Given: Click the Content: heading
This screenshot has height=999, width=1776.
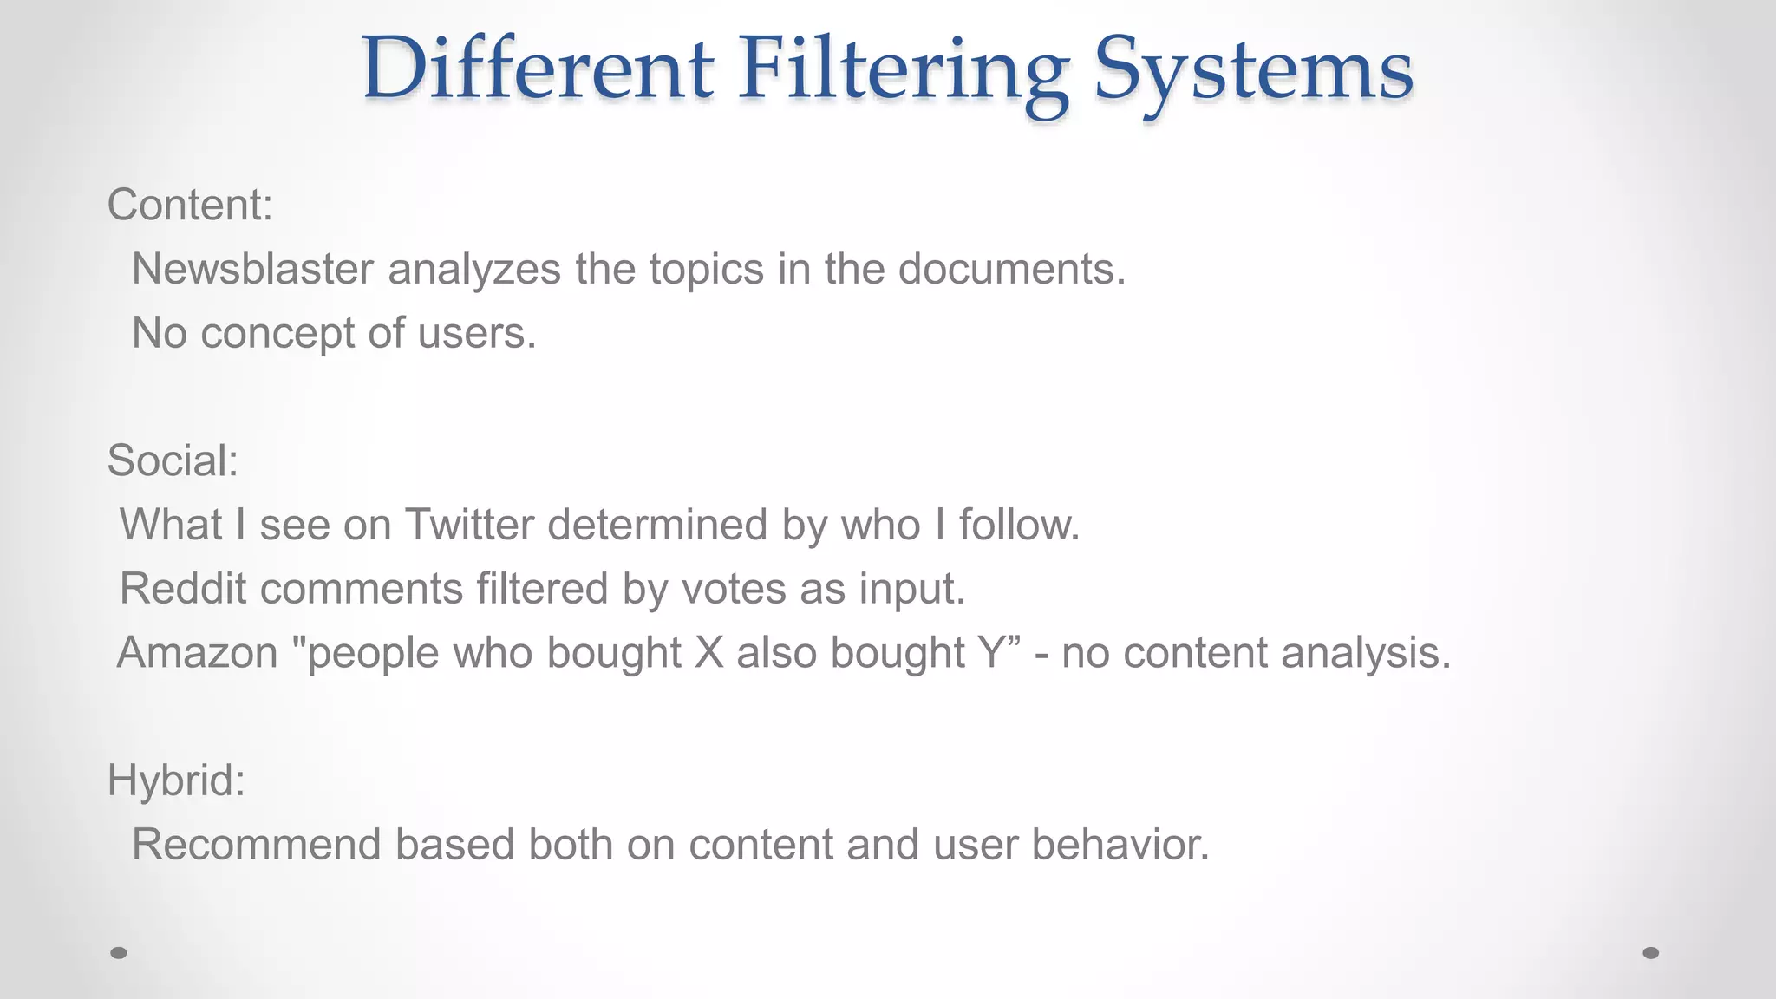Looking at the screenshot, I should (x=190, y=206).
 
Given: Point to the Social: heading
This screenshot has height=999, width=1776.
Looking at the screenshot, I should (x=173, y=460).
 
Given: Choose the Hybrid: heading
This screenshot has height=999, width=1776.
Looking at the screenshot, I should (x=176, y=780).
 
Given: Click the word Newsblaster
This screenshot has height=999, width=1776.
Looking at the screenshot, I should (x=252, y=269).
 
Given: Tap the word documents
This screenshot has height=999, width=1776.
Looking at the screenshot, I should (x=1010, y=269).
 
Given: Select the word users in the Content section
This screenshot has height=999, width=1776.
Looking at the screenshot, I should (x=476, y=333).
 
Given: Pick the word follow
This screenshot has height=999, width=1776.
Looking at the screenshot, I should (x=1018, y=525).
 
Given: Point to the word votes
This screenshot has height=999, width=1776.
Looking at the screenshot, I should (x=734, y=589).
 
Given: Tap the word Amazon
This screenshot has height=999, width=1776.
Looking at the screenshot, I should (x=197, y=653).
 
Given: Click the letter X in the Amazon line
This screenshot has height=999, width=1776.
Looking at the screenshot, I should (x=708, y=653).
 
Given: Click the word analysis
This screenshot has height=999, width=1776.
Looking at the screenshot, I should (x=1365, y=653).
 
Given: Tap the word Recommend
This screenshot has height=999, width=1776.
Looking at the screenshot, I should (x=257, y=845).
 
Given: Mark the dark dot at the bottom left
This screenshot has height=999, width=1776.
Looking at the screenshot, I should (x=119, y=953).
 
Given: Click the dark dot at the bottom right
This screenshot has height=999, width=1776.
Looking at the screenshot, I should (x=1651, y=953).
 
